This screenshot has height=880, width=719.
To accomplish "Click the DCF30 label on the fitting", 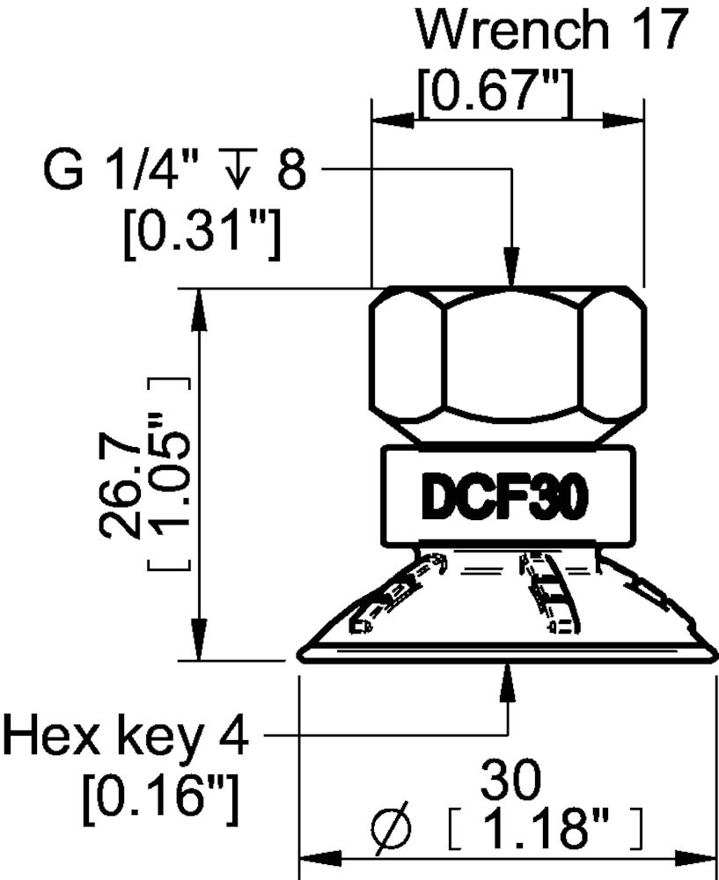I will (x=505, y=499).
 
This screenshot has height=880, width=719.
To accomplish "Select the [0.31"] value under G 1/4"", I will (x=202, y=234).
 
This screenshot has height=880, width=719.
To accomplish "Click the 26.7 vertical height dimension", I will (x=119, y=479).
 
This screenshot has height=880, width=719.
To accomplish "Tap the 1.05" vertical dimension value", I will (x=169, y=475).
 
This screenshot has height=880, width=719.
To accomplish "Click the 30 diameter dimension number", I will (x=511, y=781).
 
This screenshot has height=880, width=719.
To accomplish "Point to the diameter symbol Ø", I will (x=391, y=828).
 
